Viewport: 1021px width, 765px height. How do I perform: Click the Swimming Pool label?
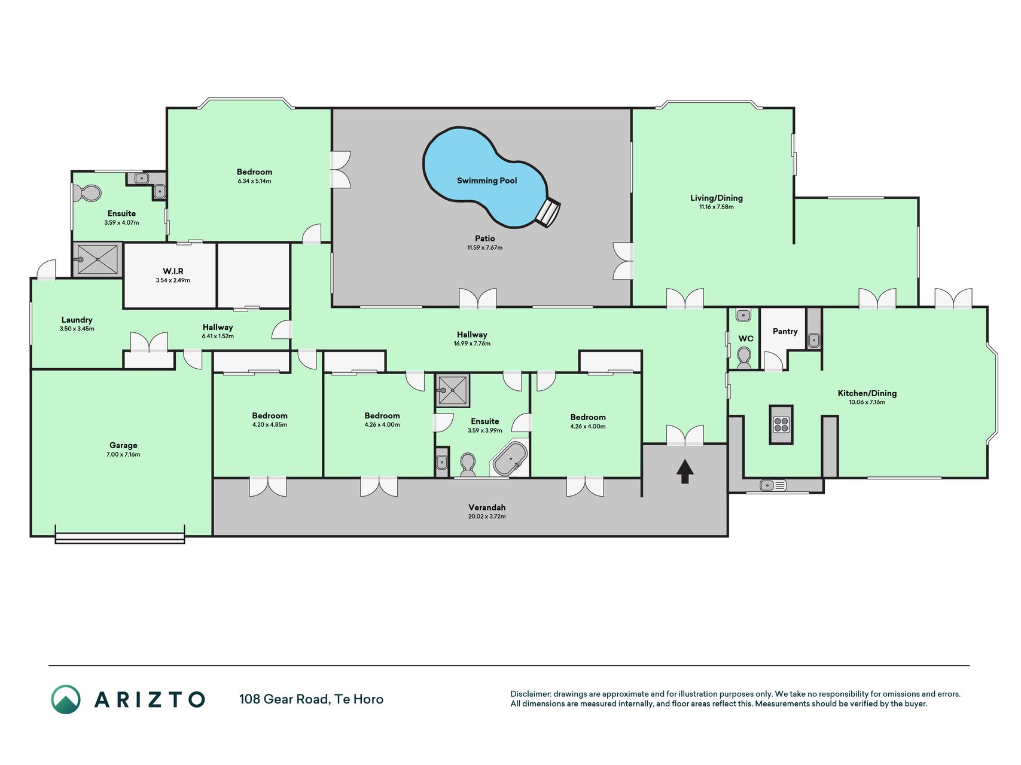click(487, 180)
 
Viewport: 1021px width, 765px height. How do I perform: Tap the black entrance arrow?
click(685, 471)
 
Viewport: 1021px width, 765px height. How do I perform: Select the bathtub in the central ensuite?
click(510, 459)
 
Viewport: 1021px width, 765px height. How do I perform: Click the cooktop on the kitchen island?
click(781, 424)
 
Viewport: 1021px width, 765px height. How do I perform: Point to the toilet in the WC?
click(744, 357)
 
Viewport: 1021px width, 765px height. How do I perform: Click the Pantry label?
click(785, 331)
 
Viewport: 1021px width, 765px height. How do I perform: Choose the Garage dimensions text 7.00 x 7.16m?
click(123, 455)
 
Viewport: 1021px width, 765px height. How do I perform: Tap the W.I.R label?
click(173, 271)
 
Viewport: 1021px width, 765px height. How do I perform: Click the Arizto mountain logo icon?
click(66, 699)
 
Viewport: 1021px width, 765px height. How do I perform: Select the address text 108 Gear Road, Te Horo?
click(311, 699)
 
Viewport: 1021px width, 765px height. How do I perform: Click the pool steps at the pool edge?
click(548, 213)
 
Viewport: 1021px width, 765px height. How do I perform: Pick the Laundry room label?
click(77, 320)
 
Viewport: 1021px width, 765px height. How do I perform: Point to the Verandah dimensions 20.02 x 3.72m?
click(487, 516)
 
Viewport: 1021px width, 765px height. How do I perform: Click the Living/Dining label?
click(717, 198)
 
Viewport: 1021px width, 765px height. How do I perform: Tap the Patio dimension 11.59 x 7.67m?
click(485, 247)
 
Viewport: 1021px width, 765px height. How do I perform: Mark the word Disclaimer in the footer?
click(530, 694)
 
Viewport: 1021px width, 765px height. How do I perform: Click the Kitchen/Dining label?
click(867, 393)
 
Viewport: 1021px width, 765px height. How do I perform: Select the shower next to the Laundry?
click(97, 259)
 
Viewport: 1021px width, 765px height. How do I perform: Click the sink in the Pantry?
click(814, 341)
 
